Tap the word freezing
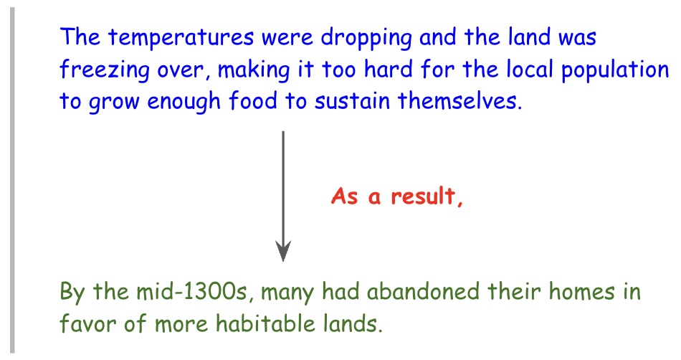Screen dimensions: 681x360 click(x=104, y=70)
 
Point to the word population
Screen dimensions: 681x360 click(x=615, y=70)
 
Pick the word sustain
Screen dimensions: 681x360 click(x=352, y=101)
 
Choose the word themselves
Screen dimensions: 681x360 click(x=459, y=100)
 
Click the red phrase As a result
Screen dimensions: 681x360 click(x=397, y=196)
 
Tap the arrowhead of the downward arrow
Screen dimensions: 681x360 click(x=283, y=252)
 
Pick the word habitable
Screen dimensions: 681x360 click(x=265, y=323)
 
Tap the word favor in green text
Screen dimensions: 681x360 click(x=87, y=323)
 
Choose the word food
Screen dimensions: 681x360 click(x=253, y=101)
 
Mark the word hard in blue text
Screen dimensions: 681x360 click(x=389, y=70)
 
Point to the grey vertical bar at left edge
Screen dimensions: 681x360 click(x=12, y=180)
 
